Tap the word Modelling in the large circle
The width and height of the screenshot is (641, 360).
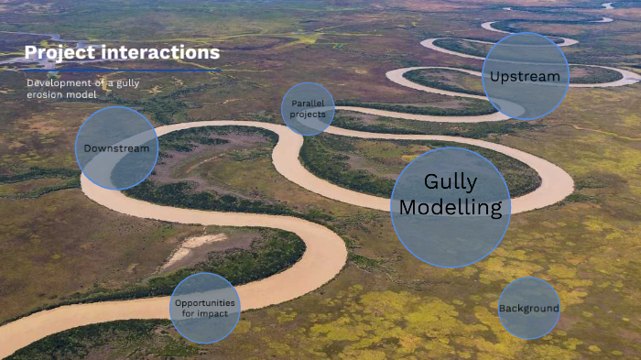[451, 208]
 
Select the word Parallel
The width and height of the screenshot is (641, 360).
[308, 104]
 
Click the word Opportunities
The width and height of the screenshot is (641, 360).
[205, 302]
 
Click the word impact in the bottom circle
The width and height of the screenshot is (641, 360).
[222, 313]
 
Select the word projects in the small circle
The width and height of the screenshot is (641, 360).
[308, 115]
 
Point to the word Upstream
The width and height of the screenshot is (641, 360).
[525, 77]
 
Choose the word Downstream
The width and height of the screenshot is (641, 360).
[116, 148]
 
